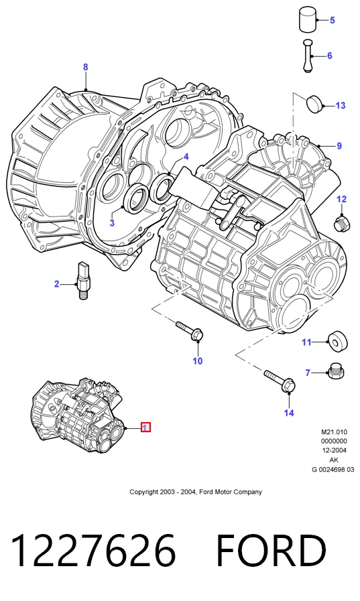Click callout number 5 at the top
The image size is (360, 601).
click(x=332, y=20)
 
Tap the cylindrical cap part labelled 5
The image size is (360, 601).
click(x=308, y=19)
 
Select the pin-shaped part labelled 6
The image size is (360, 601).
click(x=308, y=56)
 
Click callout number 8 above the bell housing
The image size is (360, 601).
click(x=86, y=67)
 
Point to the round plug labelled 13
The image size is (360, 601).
click(x=314, y=103)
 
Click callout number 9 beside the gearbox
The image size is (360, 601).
click(x=339, y=145)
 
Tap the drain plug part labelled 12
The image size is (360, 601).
click(x=341, y=223)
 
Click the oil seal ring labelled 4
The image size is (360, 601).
click(x=162, y=188)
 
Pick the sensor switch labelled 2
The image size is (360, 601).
click(x=83, y=281)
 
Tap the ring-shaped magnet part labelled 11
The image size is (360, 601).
click(x=337, y=340)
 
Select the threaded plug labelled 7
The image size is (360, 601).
click(x=335, y=371)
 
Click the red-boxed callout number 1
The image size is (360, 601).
click(x=145, y=427)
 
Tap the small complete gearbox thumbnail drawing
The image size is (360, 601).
click(x=78, y=415)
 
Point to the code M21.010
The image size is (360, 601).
click(x=334, y=432)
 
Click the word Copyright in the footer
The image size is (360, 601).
click(x=143, y=492)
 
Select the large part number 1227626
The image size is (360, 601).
click(x=94, y=550)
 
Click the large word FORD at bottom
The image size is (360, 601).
click(x=272, y=550)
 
